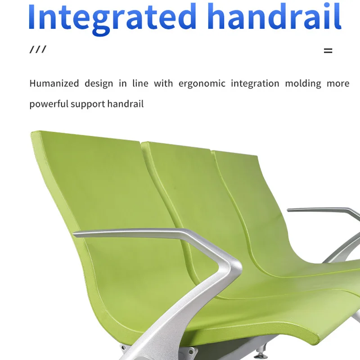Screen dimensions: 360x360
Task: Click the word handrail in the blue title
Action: click(x=274, y=17)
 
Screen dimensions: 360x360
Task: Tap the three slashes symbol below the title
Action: click(x=38, y=49)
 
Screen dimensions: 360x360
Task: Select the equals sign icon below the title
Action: click(x=328, y=51)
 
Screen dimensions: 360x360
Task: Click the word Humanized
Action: click(x=54, y=83)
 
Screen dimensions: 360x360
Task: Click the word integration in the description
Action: click(x=255, y=84)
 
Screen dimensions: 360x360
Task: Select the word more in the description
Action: click(x=338, y=83)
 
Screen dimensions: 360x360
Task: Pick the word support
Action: click(x=88, y=104)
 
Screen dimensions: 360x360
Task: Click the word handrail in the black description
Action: click(x=125, y=104)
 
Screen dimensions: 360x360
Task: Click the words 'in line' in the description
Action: click(x=130, y=83)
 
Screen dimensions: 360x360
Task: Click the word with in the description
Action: click(x=163, y=83)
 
